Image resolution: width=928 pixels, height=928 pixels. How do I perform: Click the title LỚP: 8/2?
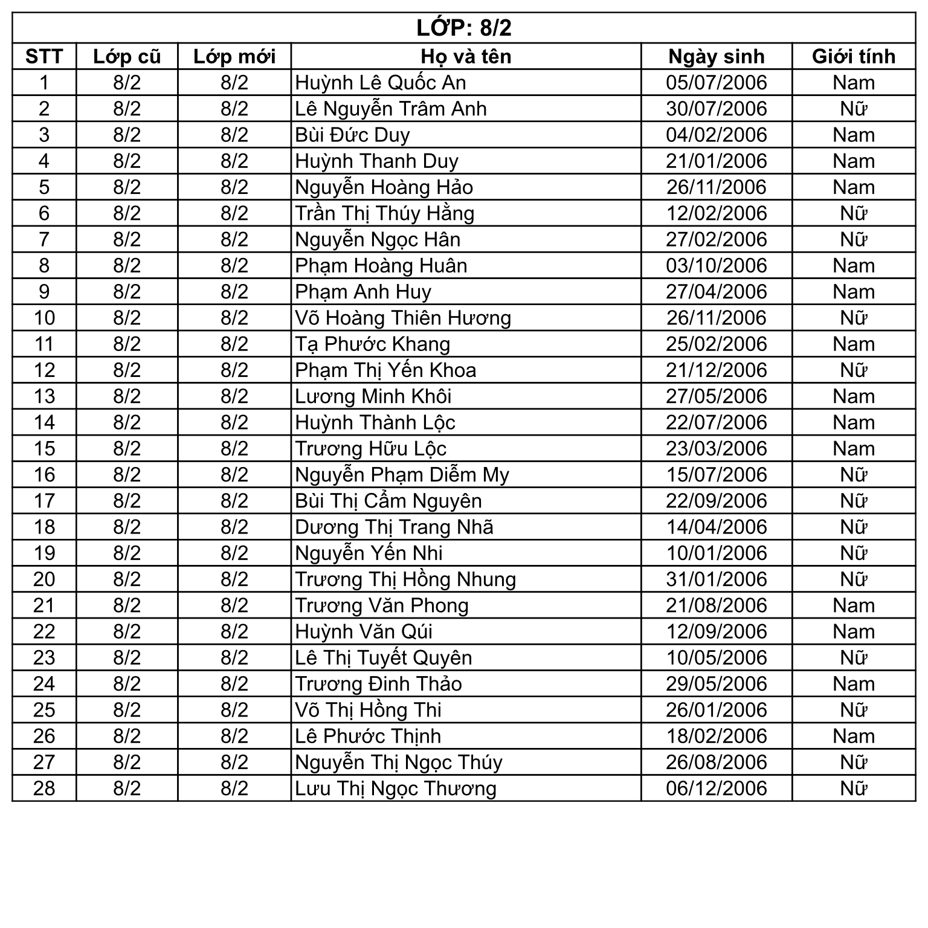click(x=463, y=28)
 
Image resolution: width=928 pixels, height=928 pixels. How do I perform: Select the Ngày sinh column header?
click(x=716, y=56)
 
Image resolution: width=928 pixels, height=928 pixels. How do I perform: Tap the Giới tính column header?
click(x=853, y=56)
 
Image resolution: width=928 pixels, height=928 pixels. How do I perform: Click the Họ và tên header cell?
click(x=466, y=56)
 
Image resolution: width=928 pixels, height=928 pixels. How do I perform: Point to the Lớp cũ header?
click(x=127, y=56)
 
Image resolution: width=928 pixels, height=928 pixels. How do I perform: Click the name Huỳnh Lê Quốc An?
click(x=381, y=83)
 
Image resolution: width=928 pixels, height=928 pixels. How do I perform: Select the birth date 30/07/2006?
click(x=716, y=109)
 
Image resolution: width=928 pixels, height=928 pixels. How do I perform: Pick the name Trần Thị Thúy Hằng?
click(x=385, y=213)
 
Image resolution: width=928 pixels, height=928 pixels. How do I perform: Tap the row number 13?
click(x=44, y=396)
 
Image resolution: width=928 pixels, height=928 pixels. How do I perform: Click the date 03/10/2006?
click(x=716, y=266)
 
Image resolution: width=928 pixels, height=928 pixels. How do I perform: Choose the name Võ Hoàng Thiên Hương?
click(x=403, y=318)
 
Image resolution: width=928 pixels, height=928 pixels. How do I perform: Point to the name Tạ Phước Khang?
click(x=373, y=344)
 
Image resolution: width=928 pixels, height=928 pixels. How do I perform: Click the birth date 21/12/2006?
click(x=716, y=370)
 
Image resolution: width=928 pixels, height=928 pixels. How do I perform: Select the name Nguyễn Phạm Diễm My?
click(x=402, y=475)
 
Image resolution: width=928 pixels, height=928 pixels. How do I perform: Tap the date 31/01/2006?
click(x=716, y=579)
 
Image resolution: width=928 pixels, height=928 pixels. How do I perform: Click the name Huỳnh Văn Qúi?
click(x=364, y=632)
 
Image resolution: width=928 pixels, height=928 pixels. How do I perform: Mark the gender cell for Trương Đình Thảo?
click(x=853, y=684)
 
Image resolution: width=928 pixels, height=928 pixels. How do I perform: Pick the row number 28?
click(x=44, y=788)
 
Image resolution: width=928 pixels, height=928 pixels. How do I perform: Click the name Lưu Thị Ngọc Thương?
click(x=396, y=788)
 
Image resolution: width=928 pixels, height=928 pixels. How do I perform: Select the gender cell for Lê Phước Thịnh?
click(x=853, y=736)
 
